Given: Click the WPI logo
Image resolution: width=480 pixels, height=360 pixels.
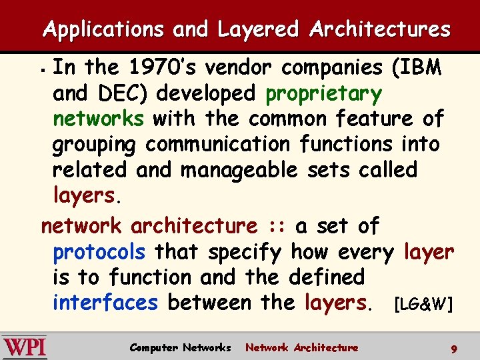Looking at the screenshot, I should coord(24,347).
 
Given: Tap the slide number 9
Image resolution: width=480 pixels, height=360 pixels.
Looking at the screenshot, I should coord(453,348).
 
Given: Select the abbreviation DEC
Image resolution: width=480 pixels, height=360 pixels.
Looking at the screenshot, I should coord(113,93).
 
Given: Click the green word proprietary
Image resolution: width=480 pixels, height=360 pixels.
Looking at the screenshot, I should coord(323,94).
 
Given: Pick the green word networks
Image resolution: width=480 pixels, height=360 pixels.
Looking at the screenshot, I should coord(98,119).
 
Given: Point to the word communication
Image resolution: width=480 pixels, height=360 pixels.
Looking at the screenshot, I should coord(217,144).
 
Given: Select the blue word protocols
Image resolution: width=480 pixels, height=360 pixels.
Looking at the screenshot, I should coord(99,252).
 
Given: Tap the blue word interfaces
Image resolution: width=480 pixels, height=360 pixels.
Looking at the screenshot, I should coord(105,303).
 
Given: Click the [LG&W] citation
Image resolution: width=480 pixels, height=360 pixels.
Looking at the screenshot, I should coord(423,305).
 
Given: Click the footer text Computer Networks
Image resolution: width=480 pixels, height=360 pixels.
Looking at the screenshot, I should coord(180,347).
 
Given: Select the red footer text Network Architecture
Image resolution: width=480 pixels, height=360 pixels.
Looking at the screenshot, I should coord(301,347).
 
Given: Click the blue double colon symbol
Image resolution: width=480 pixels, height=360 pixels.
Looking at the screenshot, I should coord(275,227).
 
